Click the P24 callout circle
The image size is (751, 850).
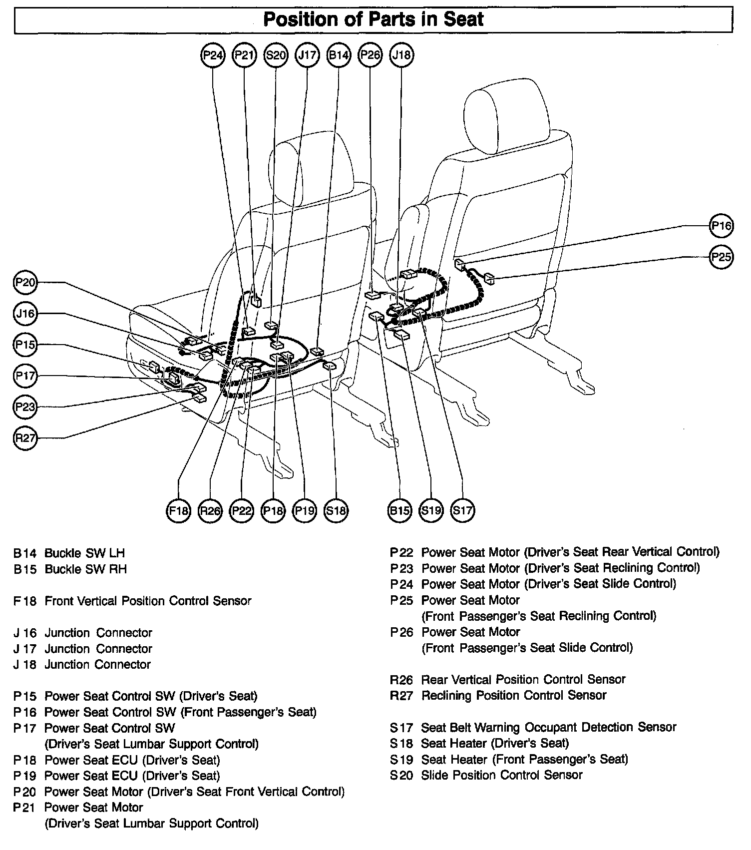(x=213, y=55)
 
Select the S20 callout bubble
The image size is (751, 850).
(x=276, y=55)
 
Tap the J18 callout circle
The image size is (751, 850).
(x=401, y=55)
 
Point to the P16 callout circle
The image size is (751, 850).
(x=721, y=226)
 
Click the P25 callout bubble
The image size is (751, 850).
(x=721, y=257)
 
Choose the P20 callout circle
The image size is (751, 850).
(x=25, y=283)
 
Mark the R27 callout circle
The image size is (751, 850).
(x=25, y=438)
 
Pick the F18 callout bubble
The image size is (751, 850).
(x=178, y=510)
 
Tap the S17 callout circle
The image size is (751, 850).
(x=462, y=510)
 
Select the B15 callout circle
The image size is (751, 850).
(x=399, y=510)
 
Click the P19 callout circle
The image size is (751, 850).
(x=305, y=510)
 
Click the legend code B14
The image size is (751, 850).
(x=25, y=553)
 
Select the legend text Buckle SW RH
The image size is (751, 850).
(x=86, y=569)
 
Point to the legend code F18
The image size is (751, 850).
(x=25, y=601)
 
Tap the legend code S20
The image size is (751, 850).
(x=402, y=775)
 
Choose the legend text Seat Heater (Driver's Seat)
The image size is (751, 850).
(x=495, y=743)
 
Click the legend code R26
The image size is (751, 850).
(x=402, y=680)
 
